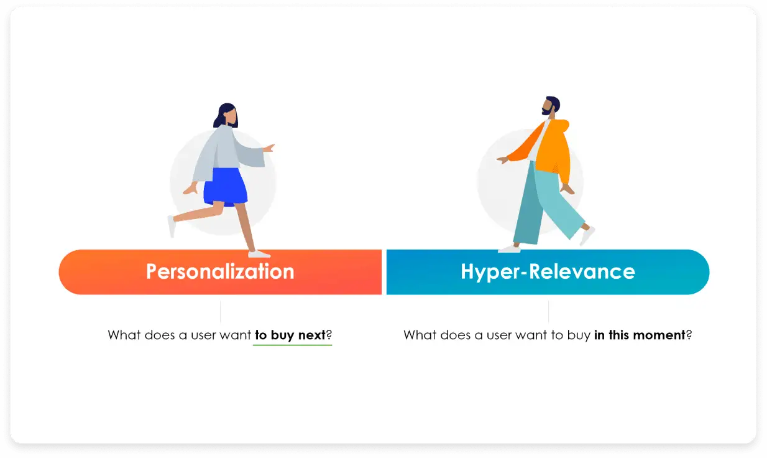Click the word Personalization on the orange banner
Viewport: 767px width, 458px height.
tap(220, 272)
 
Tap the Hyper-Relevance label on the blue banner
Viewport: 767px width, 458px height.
tap(548, 272)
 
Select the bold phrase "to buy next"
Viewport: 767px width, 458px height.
tap(290, 335)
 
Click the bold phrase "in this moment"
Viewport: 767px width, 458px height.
tap(639, 335)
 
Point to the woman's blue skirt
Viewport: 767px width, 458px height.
tap(226, 186)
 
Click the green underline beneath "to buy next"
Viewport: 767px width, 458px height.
tap(292, 344)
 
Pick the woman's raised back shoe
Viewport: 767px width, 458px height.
tap(171, 226)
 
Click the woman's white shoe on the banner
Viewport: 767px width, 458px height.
tap(259, 254)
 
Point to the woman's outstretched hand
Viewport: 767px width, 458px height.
tap(269, 148)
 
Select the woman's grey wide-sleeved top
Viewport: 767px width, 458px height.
tap(227, 150)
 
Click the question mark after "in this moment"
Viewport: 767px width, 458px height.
tap(689, 335)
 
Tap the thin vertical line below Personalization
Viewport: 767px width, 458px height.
tap(221, 311)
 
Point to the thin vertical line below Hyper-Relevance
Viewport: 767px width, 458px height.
tap(548, 311)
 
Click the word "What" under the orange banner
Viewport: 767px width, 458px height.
tap(123, 335)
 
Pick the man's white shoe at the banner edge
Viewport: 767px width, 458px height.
tap(509, 249)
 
